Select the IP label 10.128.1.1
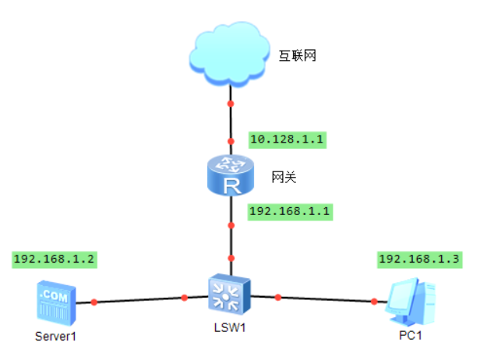287,140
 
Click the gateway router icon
231,175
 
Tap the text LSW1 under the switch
231,328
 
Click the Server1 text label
56,337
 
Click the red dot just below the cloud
231,104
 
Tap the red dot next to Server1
94,301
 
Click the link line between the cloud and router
231,123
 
